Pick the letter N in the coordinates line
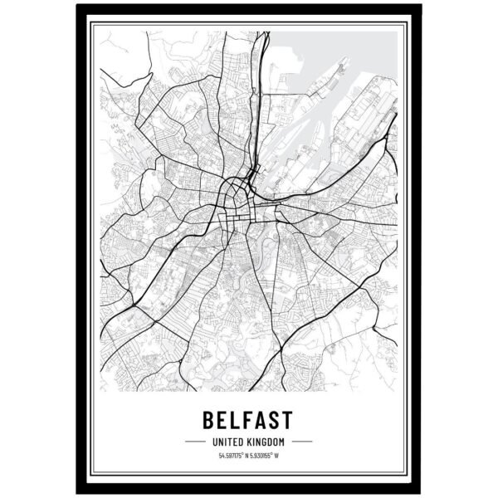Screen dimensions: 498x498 246,455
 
